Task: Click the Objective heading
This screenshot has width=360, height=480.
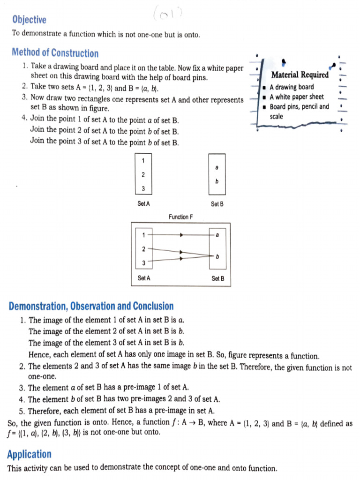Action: (x=29, y=20)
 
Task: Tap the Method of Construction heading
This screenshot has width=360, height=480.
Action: (x=55, y=53)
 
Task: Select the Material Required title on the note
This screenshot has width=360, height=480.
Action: (x=300, y=75)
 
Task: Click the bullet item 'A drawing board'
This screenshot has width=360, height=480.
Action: (x=292, y=87)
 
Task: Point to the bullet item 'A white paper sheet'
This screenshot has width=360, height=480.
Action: (x=296, y=97)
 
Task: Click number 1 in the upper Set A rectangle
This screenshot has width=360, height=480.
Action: (x=143, y=160)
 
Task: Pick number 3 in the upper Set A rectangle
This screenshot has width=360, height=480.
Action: (x=143, y=189)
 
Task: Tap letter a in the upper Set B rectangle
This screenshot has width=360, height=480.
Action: (x=217, y=167)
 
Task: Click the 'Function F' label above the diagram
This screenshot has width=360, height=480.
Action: (x=180, y=217)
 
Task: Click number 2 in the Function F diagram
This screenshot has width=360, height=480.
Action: (x=144, y=248)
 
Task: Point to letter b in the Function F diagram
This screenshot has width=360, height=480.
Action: (x=217, y=256)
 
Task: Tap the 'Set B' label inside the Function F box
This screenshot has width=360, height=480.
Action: (x=218, y=278)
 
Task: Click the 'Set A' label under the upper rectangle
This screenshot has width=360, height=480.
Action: (x=143, y=204)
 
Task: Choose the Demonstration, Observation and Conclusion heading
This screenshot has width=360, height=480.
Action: (x=91, y=307)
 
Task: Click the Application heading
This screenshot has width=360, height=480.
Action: (x=29, y=454)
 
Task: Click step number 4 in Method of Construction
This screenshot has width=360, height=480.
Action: (x=24, y=118)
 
